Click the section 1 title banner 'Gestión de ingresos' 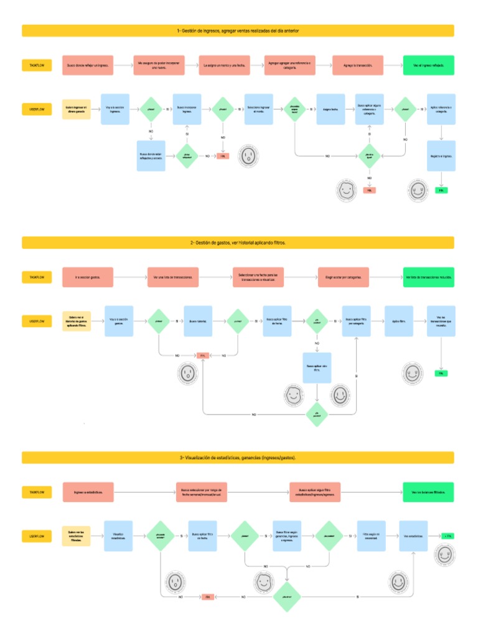pos(238,30)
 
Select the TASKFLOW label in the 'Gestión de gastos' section pos(37,277)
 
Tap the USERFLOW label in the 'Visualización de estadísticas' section pos(37,536)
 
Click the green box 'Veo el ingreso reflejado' pos(429,65)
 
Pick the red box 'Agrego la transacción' pos(357,65)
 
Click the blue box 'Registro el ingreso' pos(441,156)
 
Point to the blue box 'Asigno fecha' pos(330,109)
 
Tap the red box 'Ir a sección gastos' pos(88,277)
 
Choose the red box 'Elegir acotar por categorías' pos(344,277)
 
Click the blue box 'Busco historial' pos(197,321)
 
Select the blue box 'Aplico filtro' pos(398,321)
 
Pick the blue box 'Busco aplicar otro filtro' pos(317,368)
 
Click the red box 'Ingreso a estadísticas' pos(88,492)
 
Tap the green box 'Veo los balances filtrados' pos(428,492)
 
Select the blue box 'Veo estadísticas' pos(413,536)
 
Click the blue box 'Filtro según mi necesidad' pos(371,536)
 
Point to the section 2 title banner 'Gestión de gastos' pos(238,243)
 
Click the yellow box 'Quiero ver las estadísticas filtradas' pos(77,536)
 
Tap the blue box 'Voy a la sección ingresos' pos(115,109)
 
